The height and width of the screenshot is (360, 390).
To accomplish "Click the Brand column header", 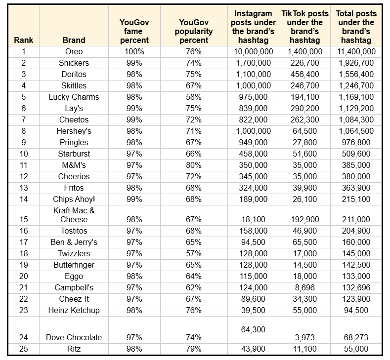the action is click(74, 40).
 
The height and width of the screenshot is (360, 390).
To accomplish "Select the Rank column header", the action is click(24, 40).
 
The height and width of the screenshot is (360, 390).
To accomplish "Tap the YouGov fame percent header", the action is click(134, 31).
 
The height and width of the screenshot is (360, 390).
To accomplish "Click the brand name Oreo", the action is click(74, 52).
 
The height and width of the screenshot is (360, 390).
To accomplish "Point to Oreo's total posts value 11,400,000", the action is click(356, 52).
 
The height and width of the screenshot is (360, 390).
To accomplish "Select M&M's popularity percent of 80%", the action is click(194, 165).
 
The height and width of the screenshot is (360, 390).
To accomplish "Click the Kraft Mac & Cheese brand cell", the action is click(74, 215).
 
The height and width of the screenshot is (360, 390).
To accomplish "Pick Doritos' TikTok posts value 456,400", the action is click(304, 74).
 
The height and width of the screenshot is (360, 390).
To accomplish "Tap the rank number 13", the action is click(24, 188).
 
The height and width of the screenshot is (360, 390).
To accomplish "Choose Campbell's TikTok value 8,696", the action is click(304, 288).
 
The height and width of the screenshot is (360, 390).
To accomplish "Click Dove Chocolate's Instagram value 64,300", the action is click(253, 330).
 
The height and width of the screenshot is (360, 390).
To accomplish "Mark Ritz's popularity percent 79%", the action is click(194, 349).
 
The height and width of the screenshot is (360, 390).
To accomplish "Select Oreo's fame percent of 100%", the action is click(134, 52).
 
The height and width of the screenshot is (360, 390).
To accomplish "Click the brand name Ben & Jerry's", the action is click(74, 242).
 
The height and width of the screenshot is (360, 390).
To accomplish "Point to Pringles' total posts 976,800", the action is click(356, 143).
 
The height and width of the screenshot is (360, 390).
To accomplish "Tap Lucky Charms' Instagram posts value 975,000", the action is click(253, 97).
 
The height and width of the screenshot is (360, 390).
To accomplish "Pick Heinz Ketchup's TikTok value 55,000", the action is click(304, 310).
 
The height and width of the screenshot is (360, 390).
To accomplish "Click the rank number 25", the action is click(24, 349).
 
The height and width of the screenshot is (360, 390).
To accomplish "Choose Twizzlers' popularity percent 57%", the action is click(194, 254).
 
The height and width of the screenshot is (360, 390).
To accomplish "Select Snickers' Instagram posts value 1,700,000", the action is click(253, 63).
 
